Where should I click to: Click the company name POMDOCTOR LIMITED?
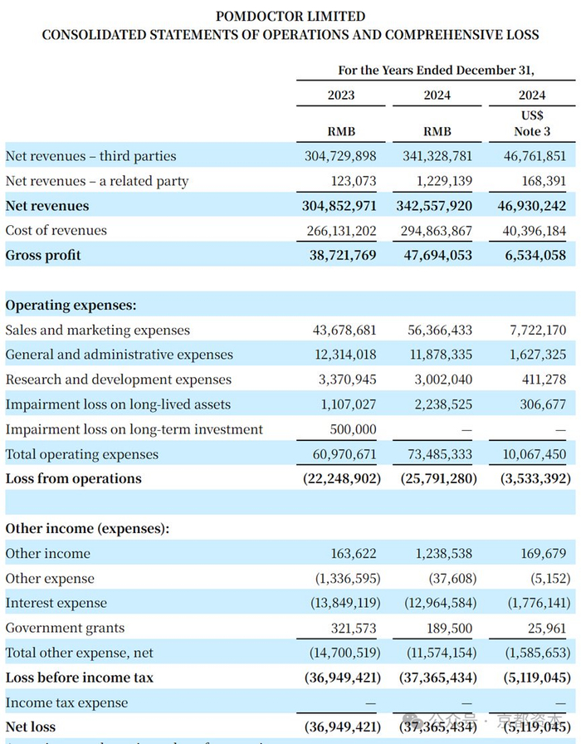[x=290, y=16]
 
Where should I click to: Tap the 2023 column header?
[x=341, y=95]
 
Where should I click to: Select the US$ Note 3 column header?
[x=531, y=123]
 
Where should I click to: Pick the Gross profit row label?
[x=43, y=255]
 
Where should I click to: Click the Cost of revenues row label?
[x=56, y=230]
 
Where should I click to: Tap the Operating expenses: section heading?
[x=71, y=306]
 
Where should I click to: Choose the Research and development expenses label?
[x=119, y=379]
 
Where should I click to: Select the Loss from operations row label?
[x=74, y=478]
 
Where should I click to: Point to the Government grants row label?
[x=66, y=628]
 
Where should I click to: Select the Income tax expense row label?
[x=67, y=702]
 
